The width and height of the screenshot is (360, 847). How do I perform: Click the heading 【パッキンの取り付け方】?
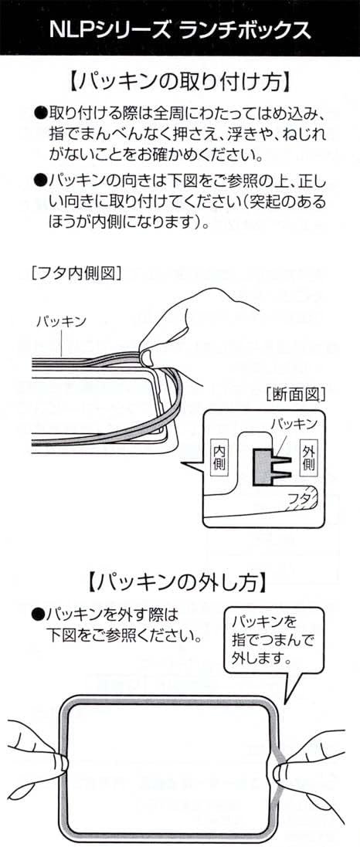180,82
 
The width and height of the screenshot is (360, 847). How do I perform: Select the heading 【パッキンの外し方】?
180,582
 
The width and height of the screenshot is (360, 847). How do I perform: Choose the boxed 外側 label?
308,457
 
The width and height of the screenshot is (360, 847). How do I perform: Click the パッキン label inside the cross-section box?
293,422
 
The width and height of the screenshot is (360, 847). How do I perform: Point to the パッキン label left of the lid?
61,322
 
